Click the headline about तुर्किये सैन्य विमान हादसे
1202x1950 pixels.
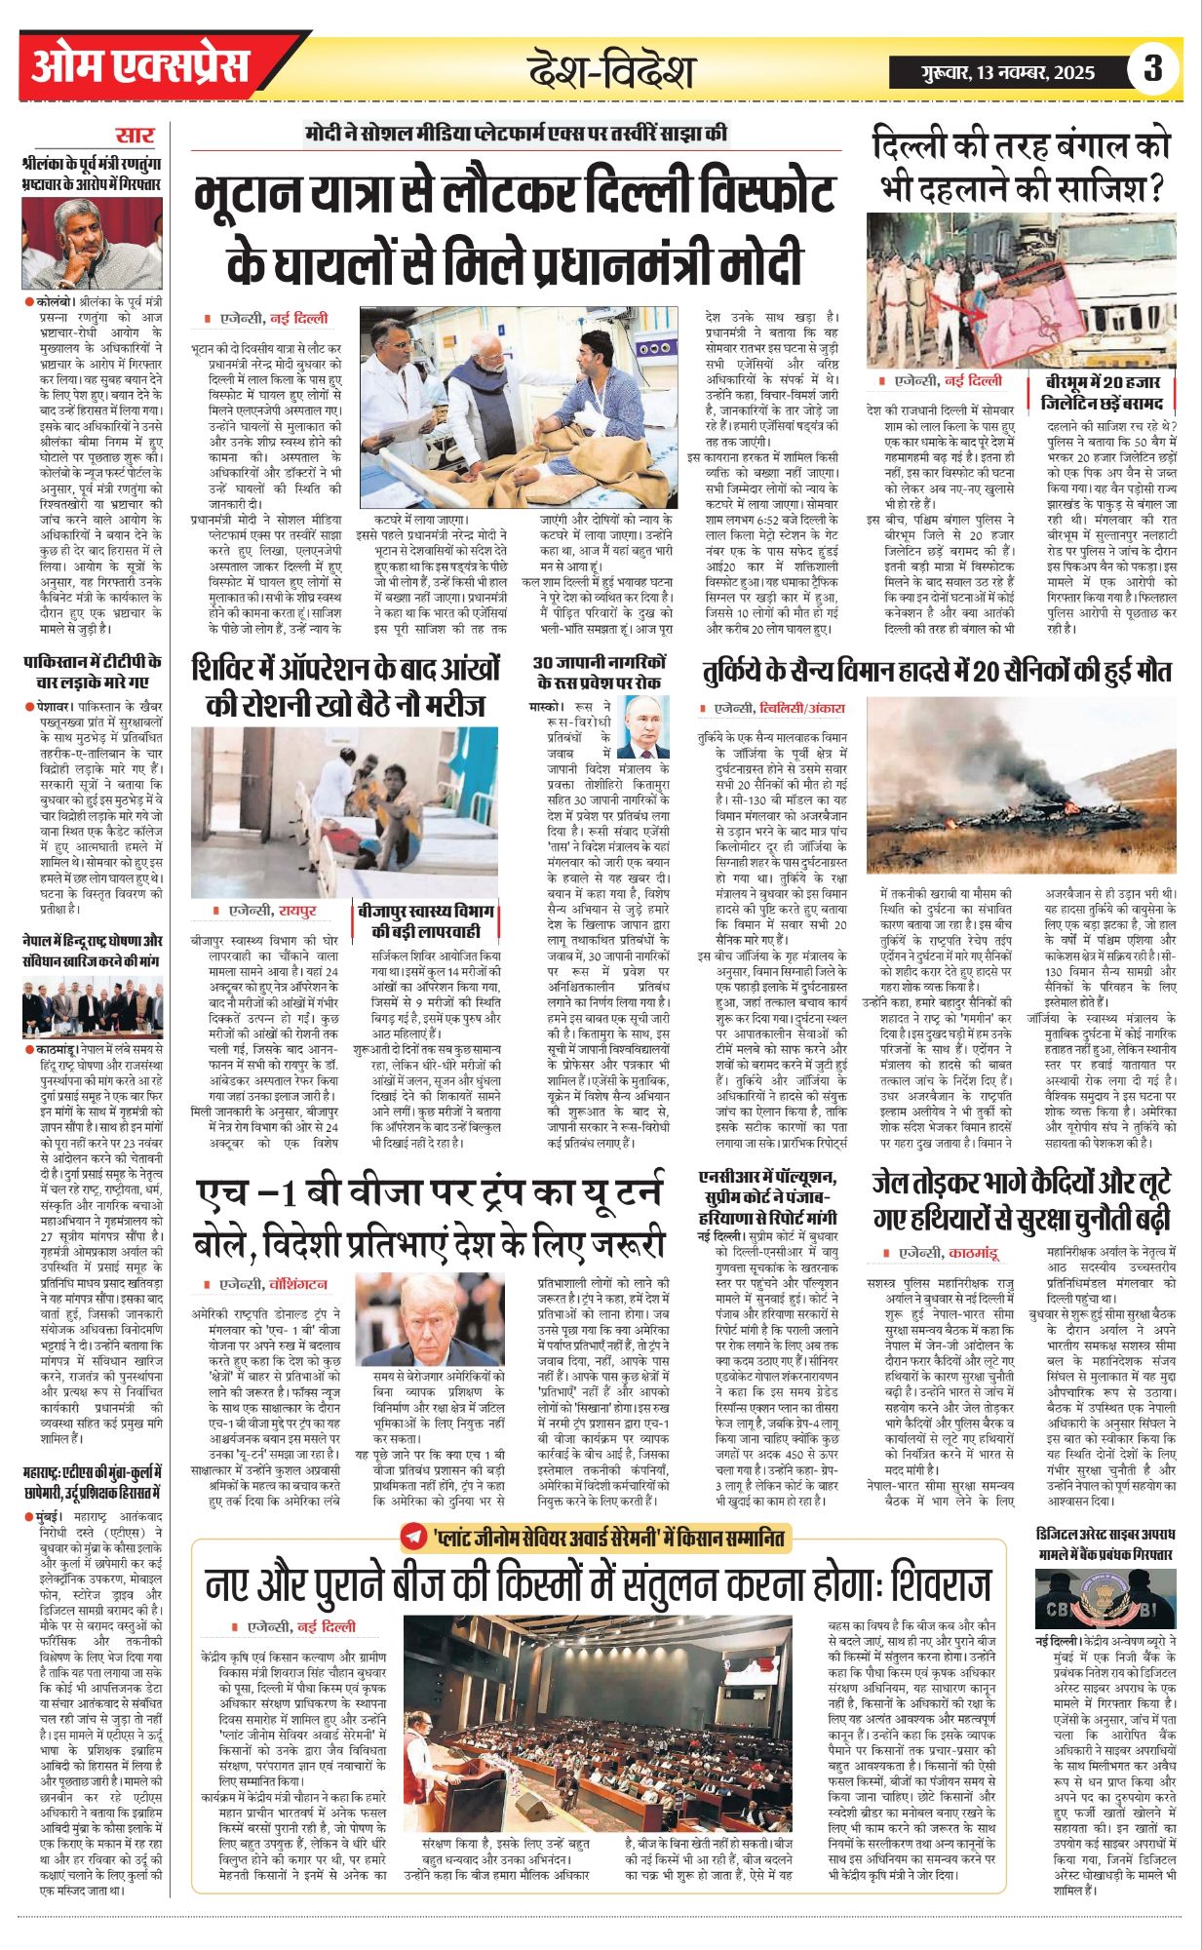[936, 671]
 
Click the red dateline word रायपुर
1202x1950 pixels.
[298, 911]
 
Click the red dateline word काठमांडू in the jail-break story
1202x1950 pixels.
[972, 1253]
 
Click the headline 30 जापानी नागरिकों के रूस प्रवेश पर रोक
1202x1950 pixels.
[598, 672]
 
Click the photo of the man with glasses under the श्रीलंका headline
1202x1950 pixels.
[93, 243]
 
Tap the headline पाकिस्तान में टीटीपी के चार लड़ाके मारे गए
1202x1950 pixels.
[93, 672]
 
